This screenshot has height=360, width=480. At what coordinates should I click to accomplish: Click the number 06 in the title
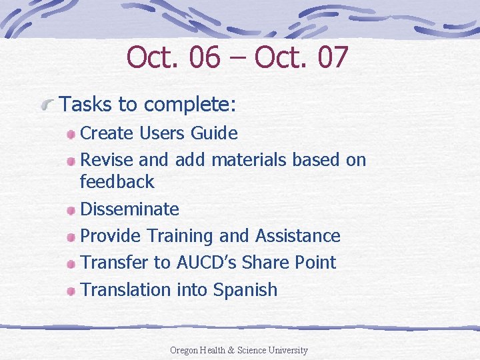[x=203, y=57]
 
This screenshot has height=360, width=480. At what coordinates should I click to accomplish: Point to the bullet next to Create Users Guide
[x=71, y=134]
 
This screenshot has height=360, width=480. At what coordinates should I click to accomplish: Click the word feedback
[x=117, y=181]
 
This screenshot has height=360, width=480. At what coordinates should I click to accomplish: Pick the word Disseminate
[x=129, y=209]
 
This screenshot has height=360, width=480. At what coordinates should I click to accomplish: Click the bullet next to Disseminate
[x=71, y=209]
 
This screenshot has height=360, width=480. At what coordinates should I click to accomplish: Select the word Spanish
[x=245, y=290]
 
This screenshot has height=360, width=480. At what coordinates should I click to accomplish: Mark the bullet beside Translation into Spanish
[x=71, y=290]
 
